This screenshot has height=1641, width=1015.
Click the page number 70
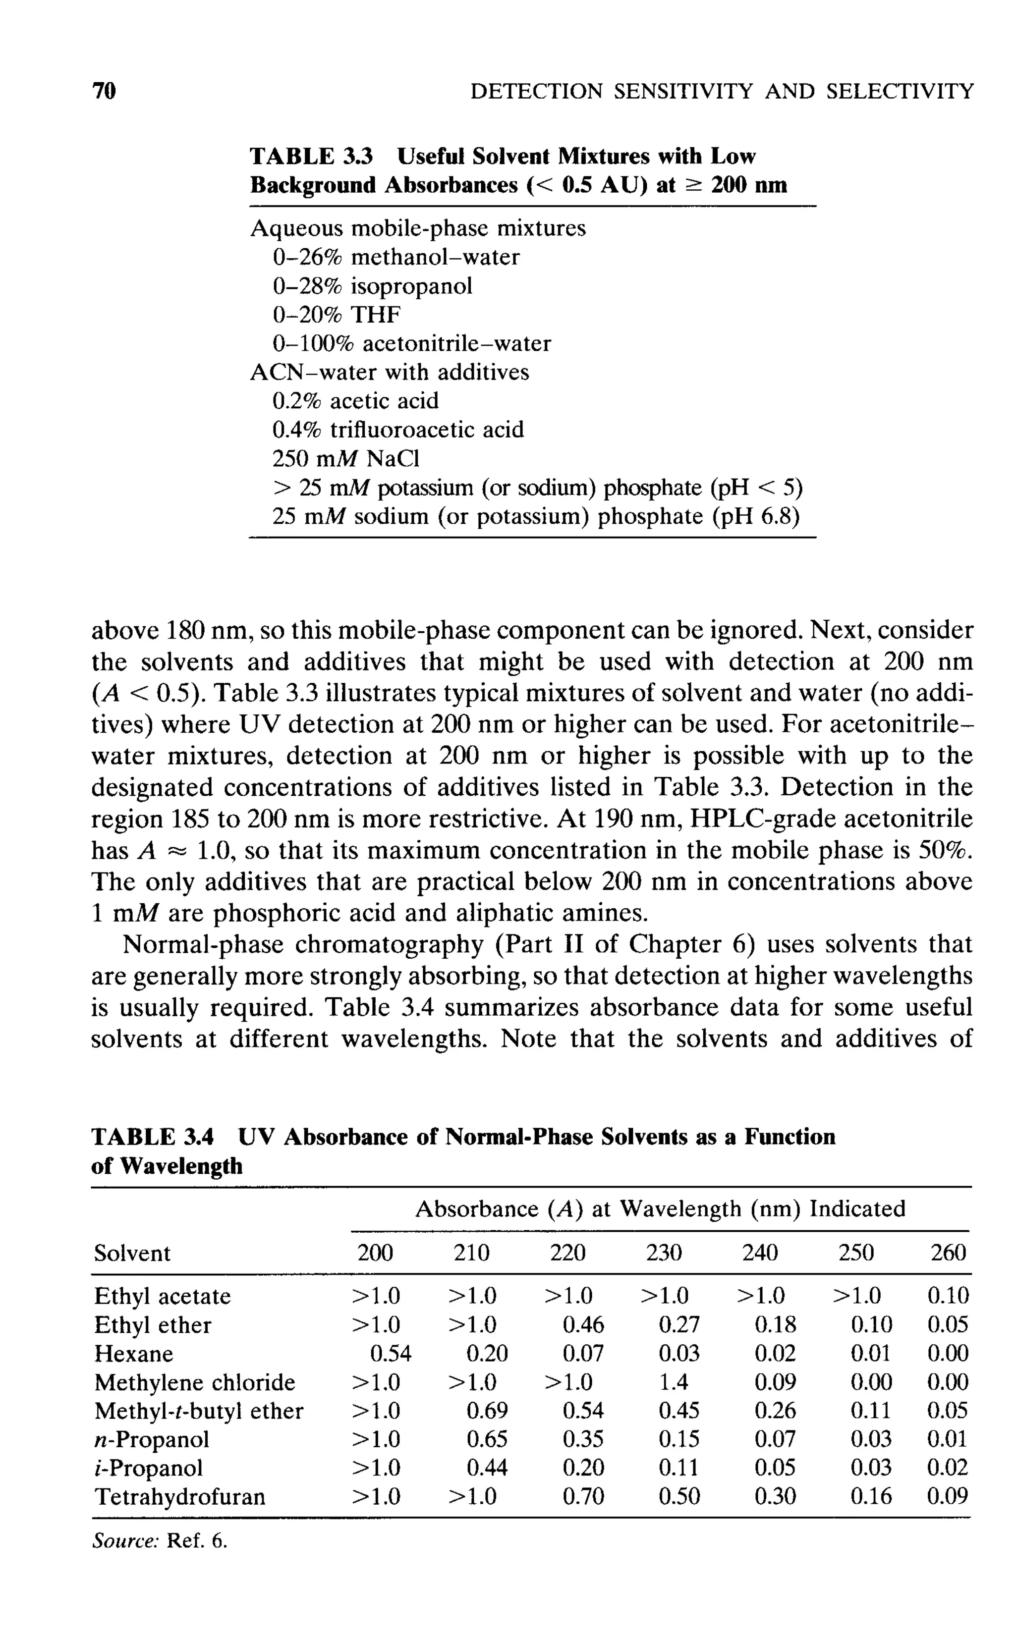104,91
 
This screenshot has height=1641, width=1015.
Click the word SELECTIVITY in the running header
900,91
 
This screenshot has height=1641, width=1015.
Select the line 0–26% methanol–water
396,257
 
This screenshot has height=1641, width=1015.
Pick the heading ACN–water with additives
390,372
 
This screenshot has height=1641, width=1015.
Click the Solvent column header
132,1253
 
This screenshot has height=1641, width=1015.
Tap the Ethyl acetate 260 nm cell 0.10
948,1295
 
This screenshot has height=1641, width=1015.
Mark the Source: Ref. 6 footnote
160,1540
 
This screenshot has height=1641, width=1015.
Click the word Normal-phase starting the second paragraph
203,944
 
